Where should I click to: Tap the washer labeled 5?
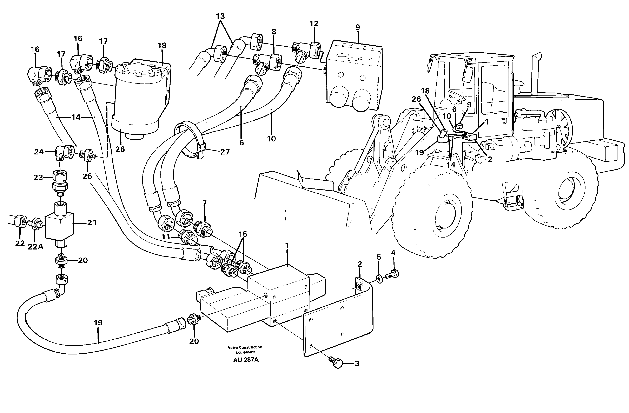point(379,279)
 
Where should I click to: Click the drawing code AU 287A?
point(246,360)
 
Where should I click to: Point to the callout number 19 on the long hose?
point(98,323)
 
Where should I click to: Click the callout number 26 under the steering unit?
point(120,149)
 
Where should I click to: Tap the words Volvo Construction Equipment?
point(245,349)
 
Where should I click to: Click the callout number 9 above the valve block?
point(357,27)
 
